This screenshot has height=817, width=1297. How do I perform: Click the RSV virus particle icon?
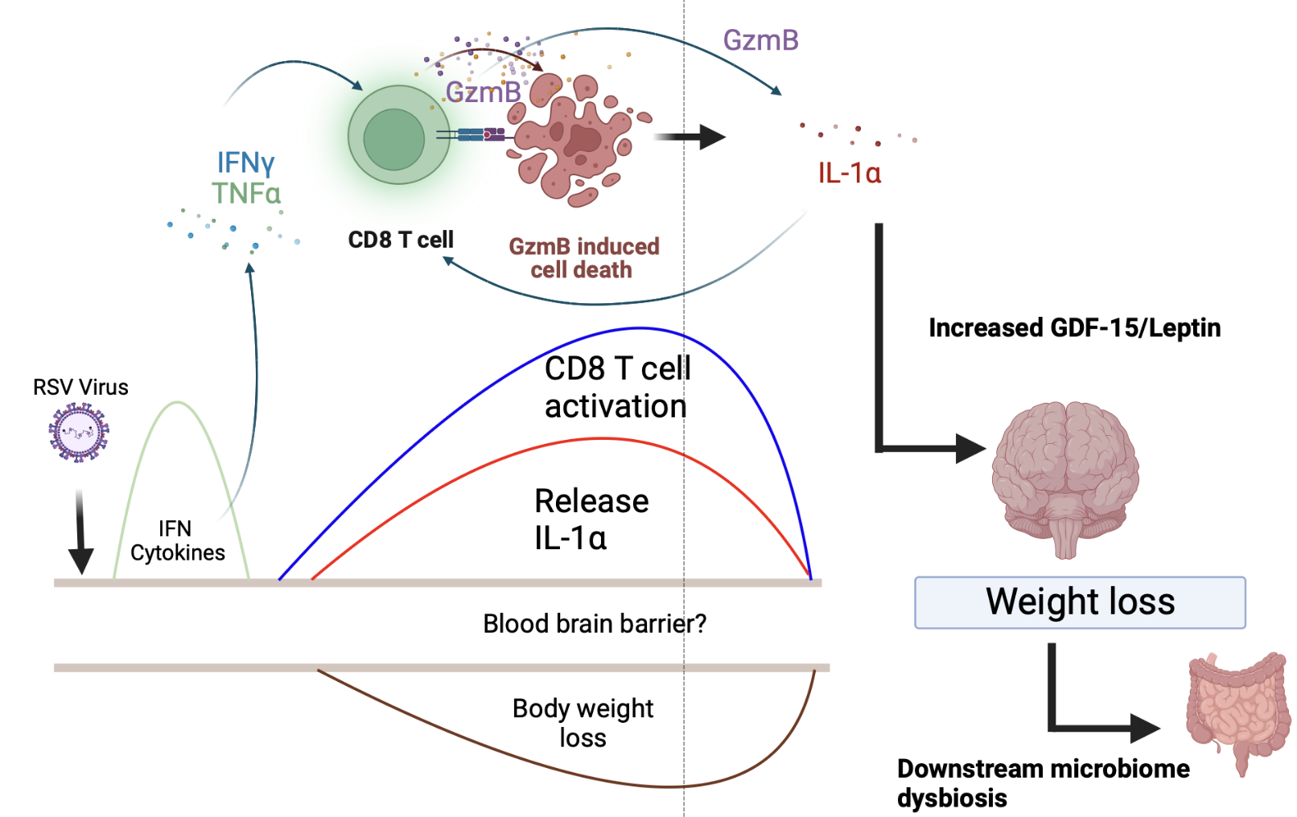[x=78, y=433]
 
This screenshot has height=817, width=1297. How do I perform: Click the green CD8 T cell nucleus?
[x=393, y=139]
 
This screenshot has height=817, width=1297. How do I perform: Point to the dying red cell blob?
[x=573, y=141]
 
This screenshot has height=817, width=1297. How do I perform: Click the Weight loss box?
[x=1080, y=602]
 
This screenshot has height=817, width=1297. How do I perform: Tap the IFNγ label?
[x=245, y=163]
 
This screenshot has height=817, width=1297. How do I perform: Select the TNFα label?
[x=246, y=194]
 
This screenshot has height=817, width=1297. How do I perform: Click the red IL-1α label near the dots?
[x=849, y=173]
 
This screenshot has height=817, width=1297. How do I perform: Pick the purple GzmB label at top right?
[x=760, y=40]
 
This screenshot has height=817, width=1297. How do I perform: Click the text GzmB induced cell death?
[x=583, y=258]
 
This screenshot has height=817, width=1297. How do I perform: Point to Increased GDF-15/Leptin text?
[x=1074, y=328]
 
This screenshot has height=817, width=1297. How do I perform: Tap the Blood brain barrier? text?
[x=594, y=624]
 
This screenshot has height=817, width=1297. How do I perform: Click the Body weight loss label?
[x=583, y=723]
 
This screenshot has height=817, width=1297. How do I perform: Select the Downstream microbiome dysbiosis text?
[x=1043, y=782]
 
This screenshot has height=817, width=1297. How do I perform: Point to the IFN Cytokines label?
[x=177, y=540]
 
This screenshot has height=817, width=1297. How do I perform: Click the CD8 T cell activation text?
[x=616, y=388]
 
